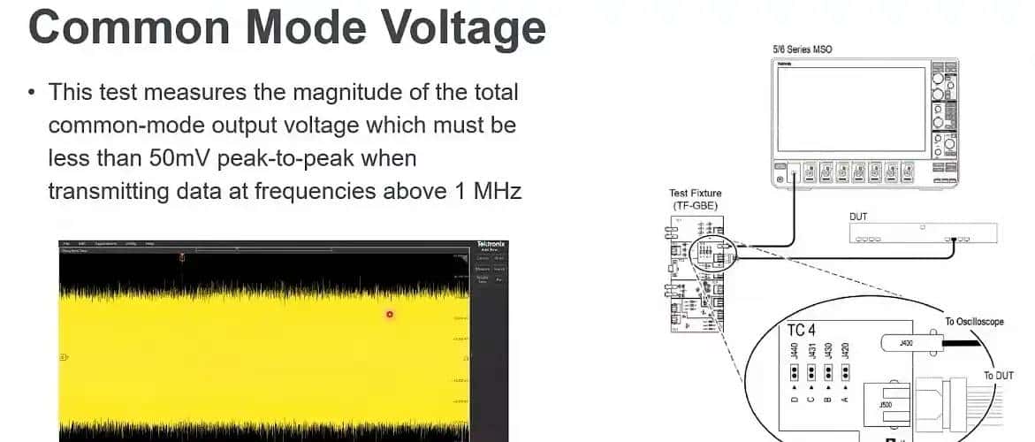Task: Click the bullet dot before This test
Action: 32,93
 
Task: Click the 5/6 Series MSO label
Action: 802,50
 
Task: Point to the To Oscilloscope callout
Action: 974,322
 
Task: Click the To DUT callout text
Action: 1000,376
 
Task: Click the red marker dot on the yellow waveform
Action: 389,314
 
